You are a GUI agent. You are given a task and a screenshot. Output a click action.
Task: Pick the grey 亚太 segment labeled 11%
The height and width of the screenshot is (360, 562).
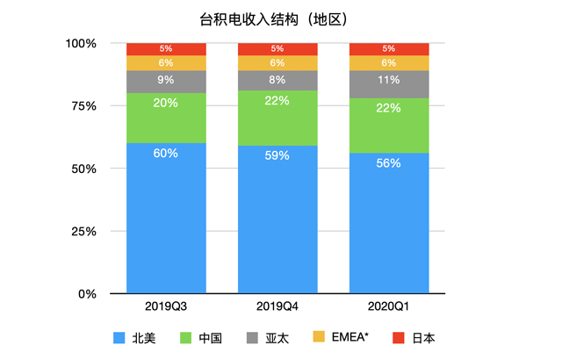click(x=389, y=83)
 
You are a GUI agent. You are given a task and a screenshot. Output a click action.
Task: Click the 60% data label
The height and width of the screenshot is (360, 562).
click(x=166, y=153)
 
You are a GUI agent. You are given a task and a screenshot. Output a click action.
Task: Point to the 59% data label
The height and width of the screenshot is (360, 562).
click(x=277, y=155)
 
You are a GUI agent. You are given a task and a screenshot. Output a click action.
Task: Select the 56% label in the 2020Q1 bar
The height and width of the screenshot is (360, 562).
click(x=389, y=163)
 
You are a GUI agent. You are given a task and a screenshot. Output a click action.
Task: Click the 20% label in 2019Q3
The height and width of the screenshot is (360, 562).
click(x=166, y=103)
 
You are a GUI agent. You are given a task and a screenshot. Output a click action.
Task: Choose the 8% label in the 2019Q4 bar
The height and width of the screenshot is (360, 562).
click(x=277, y=80)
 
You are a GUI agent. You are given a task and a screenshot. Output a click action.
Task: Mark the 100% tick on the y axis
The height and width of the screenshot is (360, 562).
click(x=81, y=43)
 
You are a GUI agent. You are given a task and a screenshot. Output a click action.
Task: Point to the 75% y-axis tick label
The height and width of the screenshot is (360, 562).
click(x=84, y=106)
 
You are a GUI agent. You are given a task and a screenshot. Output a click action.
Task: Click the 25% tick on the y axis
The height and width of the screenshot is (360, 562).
click(x=84, y=231)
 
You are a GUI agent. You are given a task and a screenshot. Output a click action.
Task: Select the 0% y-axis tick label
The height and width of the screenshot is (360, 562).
click(x=89, y=294)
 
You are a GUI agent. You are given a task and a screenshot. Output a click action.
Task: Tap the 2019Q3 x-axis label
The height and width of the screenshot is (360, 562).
click(x=166, y=307)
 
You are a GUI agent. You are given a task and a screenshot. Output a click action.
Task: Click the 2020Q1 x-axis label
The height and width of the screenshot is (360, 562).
click(x=389, y=307)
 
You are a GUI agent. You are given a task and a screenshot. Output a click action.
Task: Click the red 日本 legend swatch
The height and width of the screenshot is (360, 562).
click(x=399, y=337)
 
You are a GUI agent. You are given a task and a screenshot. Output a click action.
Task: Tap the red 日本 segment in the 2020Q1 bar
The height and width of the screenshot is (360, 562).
click(x=389, y=49)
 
